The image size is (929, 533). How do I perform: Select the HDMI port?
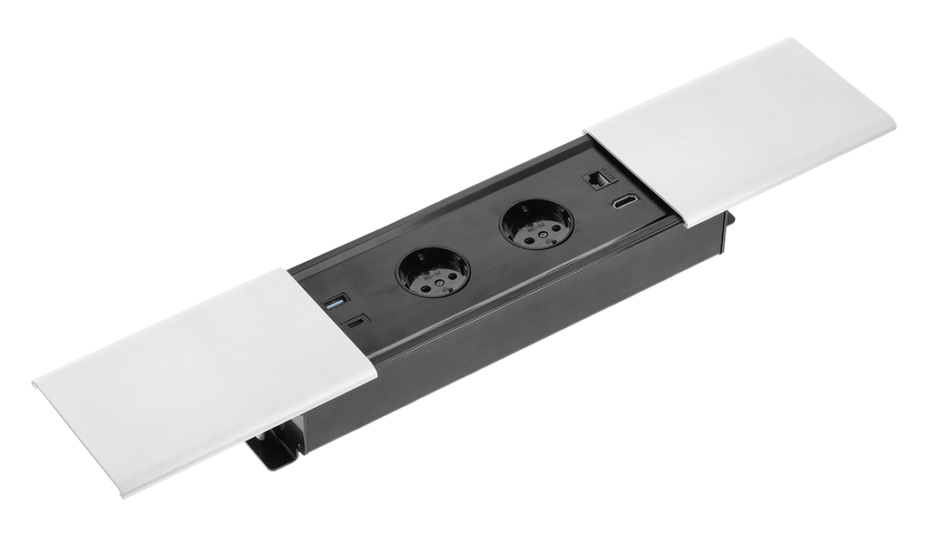pyautogui.click(x=624, y=202)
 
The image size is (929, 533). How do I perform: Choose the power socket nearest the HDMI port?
pyautogui.click(x=536, y=223)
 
